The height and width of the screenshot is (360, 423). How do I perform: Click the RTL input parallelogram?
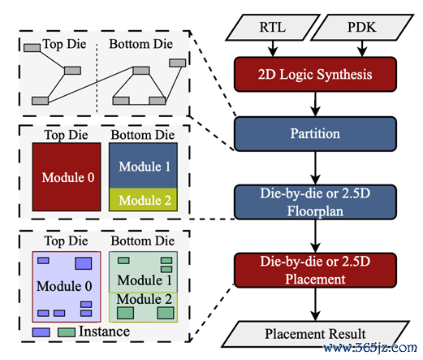[x=273, y=28]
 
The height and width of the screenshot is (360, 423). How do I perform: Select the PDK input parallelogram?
[x=362, y=28]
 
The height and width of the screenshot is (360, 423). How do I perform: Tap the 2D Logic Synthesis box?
[x=315, y=74]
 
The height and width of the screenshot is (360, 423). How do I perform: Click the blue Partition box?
[x=315, y=134]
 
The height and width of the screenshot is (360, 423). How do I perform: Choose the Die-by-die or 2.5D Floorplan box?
[x=315, y=202]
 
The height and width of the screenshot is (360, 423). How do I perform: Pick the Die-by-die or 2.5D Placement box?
[x=315, y=270]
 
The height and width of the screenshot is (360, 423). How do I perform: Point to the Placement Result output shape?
[x=315, y=334]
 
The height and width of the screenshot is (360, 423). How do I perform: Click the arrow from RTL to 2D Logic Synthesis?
[x=273, y=49]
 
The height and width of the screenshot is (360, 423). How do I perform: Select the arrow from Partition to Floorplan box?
[x=315, y=168]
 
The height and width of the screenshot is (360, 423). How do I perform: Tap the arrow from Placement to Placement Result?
[x=315, y=304]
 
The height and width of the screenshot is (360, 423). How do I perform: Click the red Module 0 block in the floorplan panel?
[x=67, y=177]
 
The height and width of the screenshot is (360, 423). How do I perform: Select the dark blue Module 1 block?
[x=143, y=166]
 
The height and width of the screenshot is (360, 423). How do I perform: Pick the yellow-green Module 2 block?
[x=143, y=200]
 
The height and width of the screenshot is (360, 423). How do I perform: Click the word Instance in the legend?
[x=104, y=332]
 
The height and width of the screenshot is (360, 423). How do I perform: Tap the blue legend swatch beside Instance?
[x=41, y=332]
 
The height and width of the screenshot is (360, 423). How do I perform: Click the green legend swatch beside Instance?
[x=67, y=332]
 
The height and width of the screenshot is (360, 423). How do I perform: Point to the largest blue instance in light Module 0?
[x=84, y=263]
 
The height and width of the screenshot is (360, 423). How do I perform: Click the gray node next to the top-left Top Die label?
[x=32, y=48]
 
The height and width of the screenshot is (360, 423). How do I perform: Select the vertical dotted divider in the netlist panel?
[x=97, y=77]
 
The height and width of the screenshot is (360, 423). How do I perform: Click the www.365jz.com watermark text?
[x=370, y=348]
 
